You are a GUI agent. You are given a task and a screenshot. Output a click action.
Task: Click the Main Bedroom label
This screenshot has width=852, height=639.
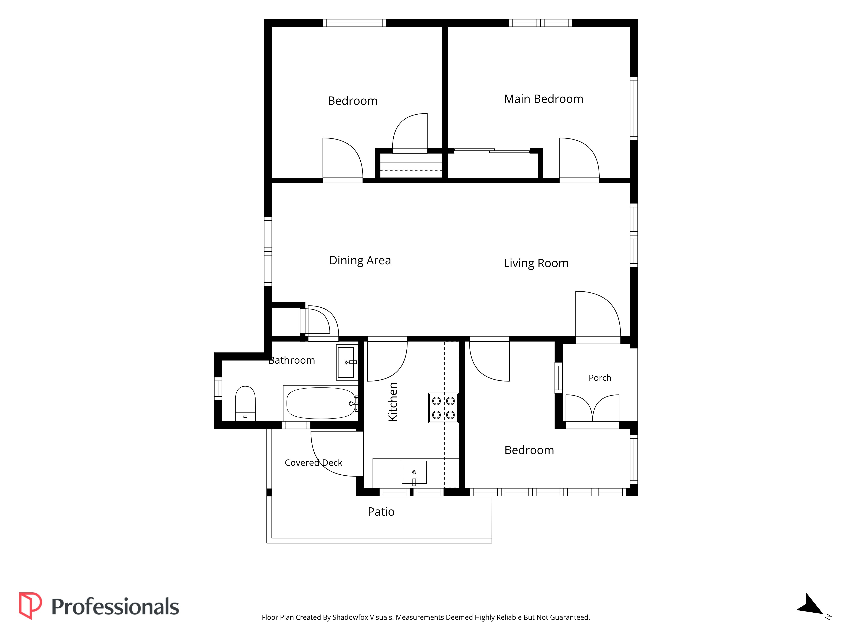click(x=544, y=99)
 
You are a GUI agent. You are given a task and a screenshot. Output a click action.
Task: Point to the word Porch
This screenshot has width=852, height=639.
click(x=600, y=378)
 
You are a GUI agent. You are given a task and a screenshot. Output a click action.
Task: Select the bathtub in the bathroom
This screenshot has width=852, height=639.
click(x=321, y=403)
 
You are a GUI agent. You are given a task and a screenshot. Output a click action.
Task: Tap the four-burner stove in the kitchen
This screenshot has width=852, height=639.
click(x=443, y=408)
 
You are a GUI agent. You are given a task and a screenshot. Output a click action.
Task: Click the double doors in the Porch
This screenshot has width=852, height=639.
click(x=592, y=408)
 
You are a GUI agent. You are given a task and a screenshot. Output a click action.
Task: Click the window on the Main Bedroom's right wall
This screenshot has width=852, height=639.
click(x=634, y=108)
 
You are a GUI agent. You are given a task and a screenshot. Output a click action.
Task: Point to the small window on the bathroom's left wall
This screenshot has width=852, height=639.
click(x=218, y=388)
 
